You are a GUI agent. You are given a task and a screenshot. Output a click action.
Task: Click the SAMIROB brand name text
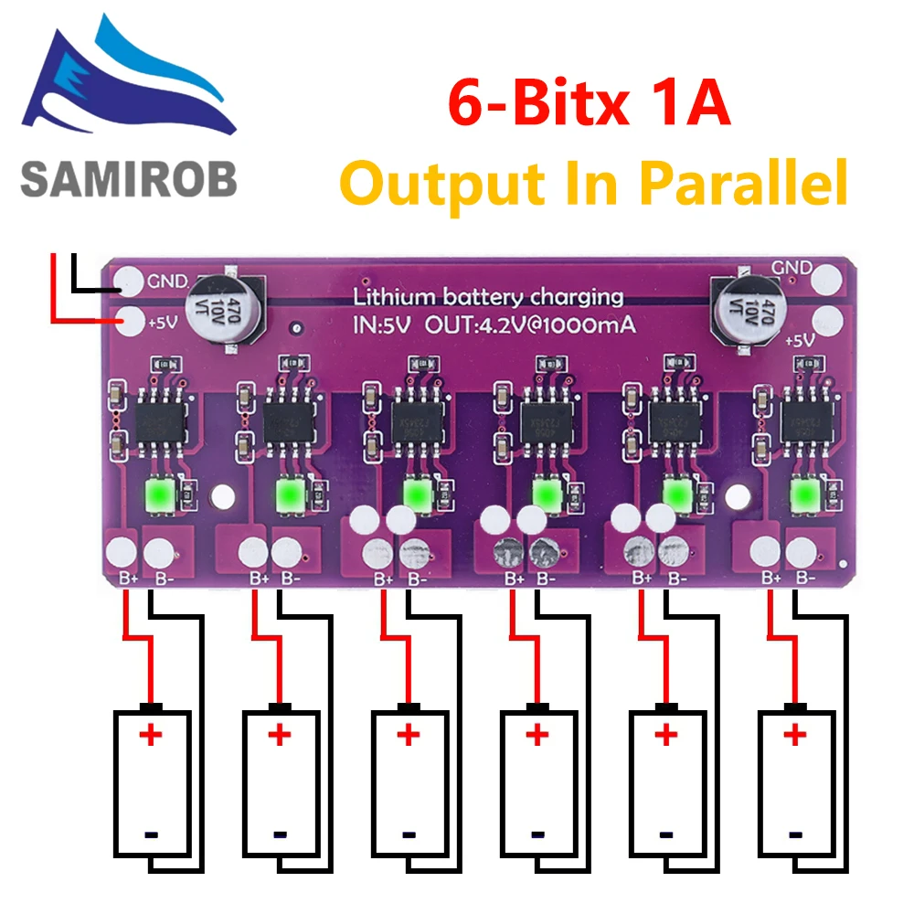[129, 177]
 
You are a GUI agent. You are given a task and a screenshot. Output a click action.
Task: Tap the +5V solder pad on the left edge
[133, 320]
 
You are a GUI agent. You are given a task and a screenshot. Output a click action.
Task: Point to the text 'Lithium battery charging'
[488, 297]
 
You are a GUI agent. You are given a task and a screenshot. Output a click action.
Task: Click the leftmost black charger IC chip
[162, 420]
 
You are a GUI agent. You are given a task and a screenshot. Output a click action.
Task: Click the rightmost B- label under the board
[805, 578]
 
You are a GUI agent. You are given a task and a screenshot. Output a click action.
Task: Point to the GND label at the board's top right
[792, 267]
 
